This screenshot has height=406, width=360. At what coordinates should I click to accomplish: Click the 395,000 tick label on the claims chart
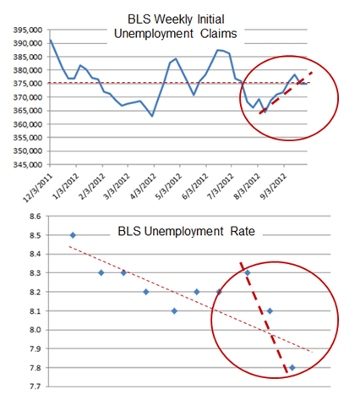click(x=28, y=30)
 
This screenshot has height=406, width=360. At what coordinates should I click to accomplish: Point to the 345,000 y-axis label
click(x=28, y=165)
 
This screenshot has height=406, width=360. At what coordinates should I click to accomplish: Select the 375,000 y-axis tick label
click(x=28, y=84)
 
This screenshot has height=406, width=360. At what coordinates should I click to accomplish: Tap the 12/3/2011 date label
click(x=38, y=188)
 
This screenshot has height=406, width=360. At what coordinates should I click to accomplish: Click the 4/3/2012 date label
click(x=143, y=187)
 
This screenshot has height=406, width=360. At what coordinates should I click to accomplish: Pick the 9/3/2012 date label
click(x=273, y=187)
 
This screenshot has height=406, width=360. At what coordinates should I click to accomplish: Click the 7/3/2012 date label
click(x=221, y=187)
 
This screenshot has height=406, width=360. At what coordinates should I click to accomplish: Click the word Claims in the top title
click(x=219, y=34)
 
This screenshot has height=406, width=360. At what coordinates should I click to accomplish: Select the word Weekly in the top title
click(x=173, y=19)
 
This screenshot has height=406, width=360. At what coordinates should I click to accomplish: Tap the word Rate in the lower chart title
click(x=243, y=232)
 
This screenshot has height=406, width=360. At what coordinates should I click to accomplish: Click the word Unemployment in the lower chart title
click(x=183, y=232)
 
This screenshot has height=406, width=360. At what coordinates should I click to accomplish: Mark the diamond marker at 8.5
click(x=73, y=235)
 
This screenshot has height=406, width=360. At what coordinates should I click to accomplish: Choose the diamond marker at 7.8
click(x=292, y=368)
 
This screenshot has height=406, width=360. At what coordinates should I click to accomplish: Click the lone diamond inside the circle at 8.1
click(x=270, y=311)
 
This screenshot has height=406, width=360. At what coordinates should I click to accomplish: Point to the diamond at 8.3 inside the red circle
click(x=248, y=272)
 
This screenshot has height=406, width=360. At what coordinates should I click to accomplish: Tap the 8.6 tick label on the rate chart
click(x=35, y=217)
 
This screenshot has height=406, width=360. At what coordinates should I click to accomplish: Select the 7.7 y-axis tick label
click(x=35, y=387)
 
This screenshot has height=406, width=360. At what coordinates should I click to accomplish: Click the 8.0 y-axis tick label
click(x=35, y=330)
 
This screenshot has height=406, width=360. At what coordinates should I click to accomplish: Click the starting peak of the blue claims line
click(x=51, y=40)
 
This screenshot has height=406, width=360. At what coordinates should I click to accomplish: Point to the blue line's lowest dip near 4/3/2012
click(x=152, y=116)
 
